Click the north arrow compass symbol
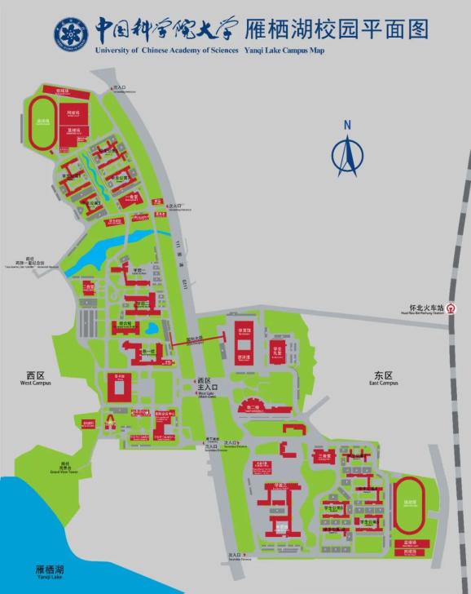[x=346, y=150]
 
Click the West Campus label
[x=36, y=378]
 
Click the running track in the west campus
[x=42, y=123]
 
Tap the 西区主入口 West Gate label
[x=205, y=383]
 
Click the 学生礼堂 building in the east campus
[x=277, y=352]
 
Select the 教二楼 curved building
[x=254, y=406]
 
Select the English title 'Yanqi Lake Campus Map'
[x=284, y=50]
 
